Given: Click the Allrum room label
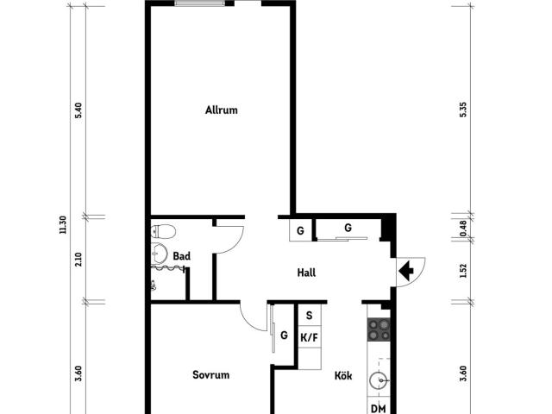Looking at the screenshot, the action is [x=222, y=110].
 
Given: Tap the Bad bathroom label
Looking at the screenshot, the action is [x=182, y=256].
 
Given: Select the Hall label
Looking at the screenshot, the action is [x=306, y=273].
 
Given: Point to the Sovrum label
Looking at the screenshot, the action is [x=210, y=374].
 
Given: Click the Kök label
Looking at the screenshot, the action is [x=343, y=376].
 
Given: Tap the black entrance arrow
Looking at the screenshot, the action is [x=406, y=271].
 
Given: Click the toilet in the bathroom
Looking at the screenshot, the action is [x=163, y=231].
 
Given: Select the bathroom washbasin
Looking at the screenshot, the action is [x=160, y=254].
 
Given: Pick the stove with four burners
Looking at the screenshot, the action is [x=379, y=329].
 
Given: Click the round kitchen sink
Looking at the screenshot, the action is [x=379, y=380].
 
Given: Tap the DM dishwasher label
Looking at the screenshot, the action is [x=379, y=409].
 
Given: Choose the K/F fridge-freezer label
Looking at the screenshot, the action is [x=309, y=338].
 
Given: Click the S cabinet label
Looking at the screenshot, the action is [x=309, y=316].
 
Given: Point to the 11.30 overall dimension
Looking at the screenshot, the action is [x=63, y=225].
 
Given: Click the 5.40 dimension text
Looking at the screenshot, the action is [x=78, y=110].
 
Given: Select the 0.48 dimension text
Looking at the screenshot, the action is [x=463, y=229].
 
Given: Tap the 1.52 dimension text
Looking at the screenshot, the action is [x=463, y=271].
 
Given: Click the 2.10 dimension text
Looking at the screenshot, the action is [x=78, y=260].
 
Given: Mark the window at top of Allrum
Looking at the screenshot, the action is [x=200, y=3].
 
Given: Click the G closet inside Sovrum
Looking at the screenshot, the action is [x=284, y=336].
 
